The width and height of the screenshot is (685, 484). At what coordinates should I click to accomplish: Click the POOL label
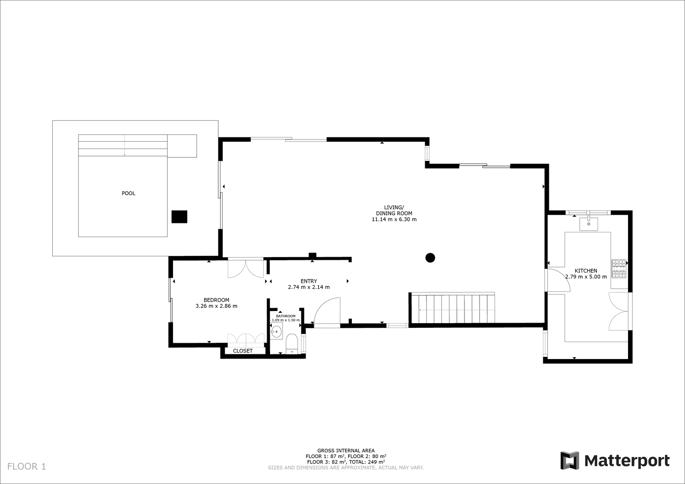[x=128, y=193]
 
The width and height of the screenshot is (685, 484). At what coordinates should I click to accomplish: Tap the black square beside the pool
[x=179, y=217]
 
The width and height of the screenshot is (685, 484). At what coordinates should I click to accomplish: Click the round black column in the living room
[x=430, y=258]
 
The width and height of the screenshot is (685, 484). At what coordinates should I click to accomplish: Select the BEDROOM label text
[x=217, y=300]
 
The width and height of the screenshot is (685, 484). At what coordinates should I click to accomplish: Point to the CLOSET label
[x=243, y=350]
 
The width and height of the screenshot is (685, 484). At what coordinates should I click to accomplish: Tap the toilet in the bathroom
[x=292, y=344]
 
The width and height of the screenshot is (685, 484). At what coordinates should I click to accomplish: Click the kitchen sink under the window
[x=589, y=223]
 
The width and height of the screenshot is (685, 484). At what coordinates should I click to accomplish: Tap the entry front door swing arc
[x=327, y=312]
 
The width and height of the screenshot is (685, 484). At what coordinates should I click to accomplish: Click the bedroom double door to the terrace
[x=246, y=268]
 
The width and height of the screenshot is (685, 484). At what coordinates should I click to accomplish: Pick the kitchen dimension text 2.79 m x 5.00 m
[x=586, y=277]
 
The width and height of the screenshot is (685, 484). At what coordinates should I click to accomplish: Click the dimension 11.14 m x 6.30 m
[x=394, y=219]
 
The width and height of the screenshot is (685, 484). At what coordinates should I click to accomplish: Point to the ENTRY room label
[x=309, y=281]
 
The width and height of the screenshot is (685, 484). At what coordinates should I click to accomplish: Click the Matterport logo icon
[x=570, y=460]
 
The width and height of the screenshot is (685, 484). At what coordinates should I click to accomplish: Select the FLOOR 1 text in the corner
[x=27, y=466]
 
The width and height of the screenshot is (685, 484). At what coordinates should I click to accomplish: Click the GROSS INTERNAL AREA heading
[x=346, y=450]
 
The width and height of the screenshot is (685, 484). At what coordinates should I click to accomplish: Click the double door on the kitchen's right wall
[x=619, y=311]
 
